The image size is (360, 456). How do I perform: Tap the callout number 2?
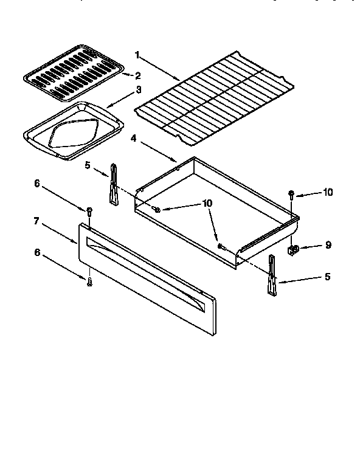click(x=138, y=76)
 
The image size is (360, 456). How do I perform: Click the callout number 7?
click(x=36, y=221)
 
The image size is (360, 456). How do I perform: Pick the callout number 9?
click(x=328, y=246)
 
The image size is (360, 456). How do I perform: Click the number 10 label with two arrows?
click(x=207, y=203)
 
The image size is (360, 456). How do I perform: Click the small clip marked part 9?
click(x=292, y=249)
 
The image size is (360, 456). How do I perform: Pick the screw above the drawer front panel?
click(x=89, y=212)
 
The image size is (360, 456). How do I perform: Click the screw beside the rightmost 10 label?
click(x=292, y=195)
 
